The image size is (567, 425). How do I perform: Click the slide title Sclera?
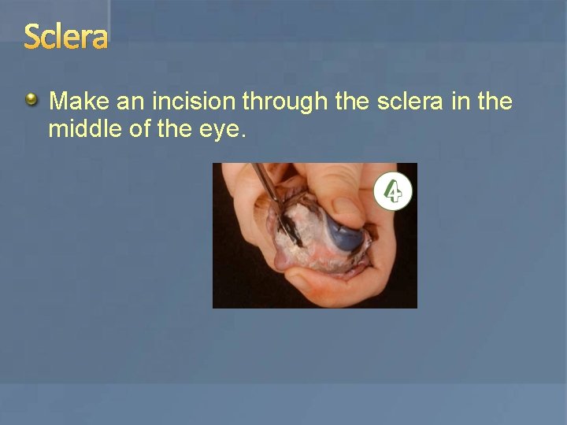(x=65, y=36)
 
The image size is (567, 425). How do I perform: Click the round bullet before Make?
(x=31, y=99)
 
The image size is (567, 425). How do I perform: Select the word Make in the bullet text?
(x=79, y=102)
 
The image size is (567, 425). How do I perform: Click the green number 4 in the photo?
(x=393, y=192)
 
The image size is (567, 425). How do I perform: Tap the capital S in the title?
(x=32, y=36)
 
